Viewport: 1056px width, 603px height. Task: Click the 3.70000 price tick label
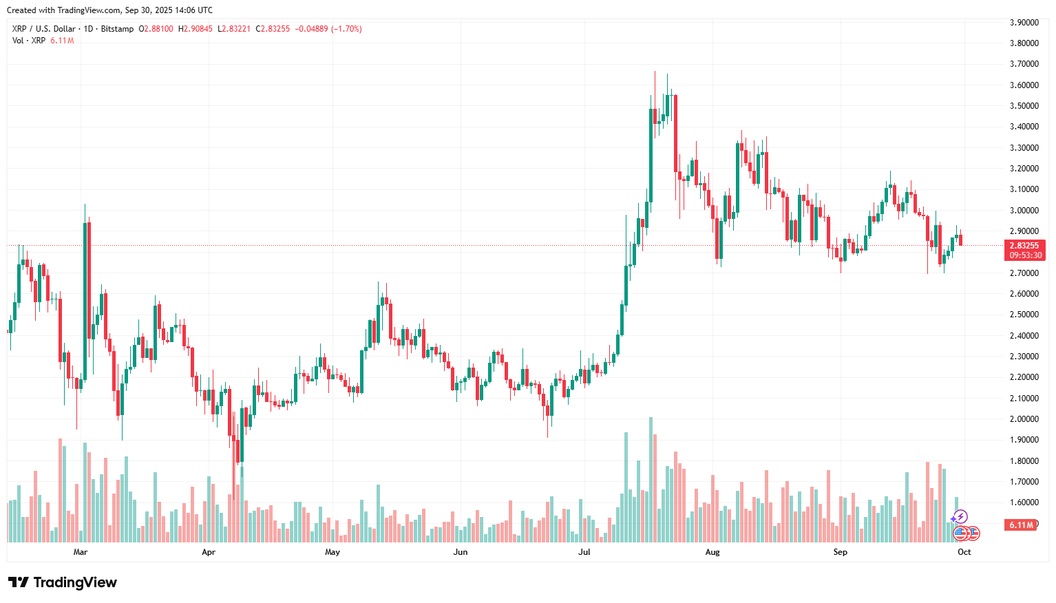[1024, 64]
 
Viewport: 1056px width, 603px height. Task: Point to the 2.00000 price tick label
[1024, 419]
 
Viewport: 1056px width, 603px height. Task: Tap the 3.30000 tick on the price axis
[1024, 148]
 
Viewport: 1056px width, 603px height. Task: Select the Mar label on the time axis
[81, 552]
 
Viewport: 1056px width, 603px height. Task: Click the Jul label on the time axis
[584, 552]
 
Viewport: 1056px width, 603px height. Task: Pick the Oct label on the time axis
[964, 552]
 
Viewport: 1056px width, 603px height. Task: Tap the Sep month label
[840, 552]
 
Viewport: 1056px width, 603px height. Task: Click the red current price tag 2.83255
[1024, 246]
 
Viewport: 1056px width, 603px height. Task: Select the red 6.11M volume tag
[1021, 525]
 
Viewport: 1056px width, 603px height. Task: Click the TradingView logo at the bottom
[63, 582]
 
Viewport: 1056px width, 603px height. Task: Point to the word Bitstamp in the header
[117, 29]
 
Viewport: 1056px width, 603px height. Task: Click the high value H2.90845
[196, 29]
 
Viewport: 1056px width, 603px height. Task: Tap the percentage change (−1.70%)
[346, 29]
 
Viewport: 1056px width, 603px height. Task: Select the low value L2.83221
[234, 29]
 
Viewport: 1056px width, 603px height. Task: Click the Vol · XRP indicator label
[29, 41]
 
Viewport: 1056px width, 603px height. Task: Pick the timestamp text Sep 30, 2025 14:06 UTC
[169, 10]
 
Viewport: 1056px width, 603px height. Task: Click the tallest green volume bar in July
[651, 479]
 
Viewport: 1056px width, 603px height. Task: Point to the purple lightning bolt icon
[960, 516]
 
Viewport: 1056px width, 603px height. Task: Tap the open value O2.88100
[156, 29]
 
